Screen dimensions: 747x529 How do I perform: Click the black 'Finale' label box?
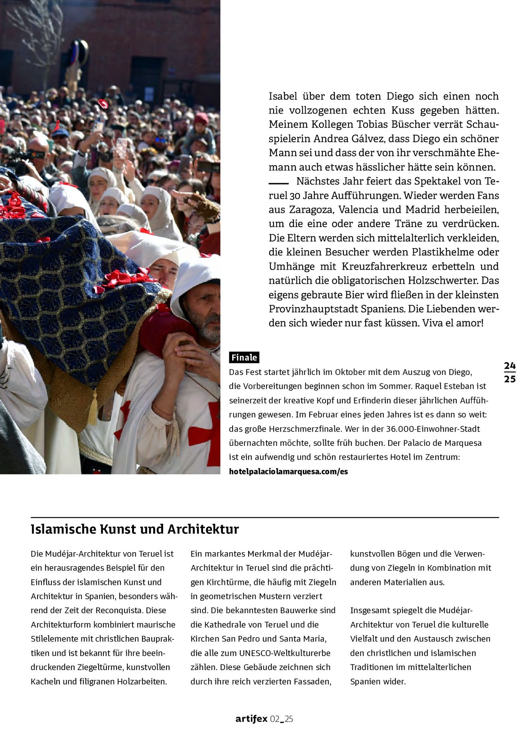pos(244,357)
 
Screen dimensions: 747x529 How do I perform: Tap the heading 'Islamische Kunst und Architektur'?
pos(135,529)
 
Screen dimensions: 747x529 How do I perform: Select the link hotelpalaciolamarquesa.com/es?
pos(288,471)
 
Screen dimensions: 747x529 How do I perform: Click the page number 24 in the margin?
pos(509,366)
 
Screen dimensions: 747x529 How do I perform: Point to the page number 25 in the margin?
pos(509,379)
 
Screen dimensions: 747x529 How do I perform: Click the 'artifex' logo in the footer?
pos(251,719)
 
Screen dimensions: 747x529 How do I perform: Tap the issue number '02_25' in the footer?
pos(282,719)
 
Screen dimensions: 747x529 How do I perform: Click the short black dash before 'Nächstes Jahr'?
pos(278,183)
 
